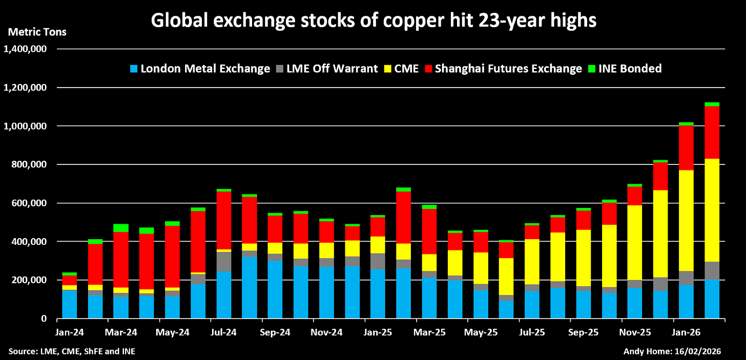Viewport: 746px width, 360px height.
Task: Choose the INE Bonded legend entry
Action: point(626,69)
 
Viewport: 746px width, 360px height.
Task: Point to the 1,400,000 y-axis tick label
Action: point(26,49)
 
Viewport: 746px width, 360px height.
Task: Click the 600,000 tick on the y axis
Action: point(29,203)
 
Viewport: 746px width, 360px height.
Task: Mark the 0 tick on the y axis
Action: point(45,319)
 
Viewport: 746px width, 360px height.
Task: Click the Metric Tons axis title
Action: point(37,32)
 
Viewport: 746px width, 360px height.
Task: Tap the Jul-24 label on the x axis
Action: point(224,332)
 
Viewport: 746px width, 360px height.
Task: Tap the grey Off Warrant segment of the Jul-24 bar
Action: point(224,261)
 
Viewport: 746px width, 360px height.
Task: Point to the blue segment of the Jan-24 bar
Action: point(70,304)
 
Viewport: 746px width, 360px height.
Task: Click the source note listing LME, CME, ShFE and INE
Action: point(72,351)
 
